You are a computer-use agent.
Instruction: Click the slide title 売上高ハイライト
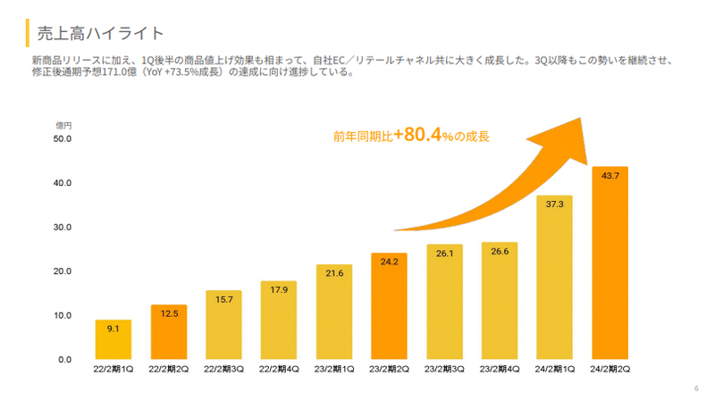coord(100,33)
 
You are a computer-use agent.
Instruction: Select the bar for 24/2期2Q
coord(609,268)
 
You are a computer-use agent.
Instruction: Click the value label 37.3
coord(554,204)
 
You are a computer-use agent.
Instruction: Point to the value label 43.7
coord(610,176)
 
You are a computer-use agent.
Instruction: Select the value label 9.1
coord(114,329)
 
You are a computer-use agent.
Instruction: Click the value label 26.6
coord(499,252)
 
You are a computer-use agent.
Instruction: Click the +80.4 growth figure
coord(420,136)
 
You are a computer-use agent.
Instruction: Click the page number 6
coord(696,388)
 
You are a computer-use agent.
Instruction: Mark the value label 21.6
coord(333,273)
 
